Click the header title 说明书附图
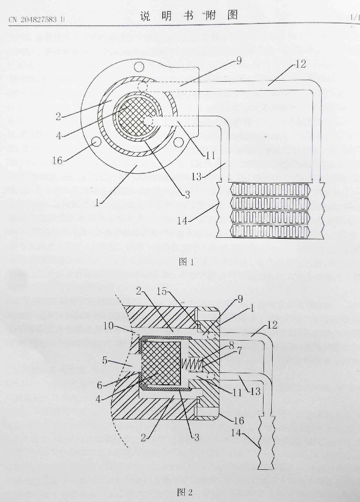189,16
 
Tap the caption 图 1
185,262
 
